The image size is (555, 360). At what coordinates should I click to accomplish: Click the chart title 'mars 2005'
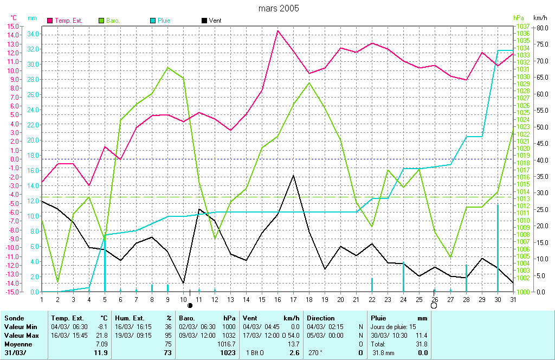click(278, 8)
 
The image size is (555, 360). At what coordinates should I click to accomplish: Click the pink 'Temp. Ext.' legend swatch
click(50, 21)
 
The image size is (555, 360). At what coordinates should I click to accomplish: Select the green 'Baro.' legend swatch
click(101, 21)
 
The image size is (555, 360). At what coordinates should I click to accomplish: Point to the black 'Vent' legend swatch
click(204, 21)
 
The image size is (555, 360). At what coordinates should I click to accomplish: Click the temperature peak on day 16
click(278, 31)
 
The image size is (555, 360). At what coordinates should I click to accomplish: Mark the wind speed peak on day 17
click(293, 175)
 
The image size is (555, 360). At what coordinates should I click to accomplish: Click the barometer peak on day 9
click(168, 67)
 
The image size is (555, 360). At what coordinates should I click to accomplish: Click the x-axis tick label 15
click(262, 299)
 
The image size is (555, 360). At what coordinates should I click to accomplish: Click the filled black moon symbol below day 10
click(190, 306)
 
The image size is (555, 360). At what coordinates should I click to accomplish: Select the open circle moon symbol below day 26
click(434, 306)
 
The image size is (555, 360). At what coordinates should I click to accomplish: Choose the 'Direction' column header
click(321, 318)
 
